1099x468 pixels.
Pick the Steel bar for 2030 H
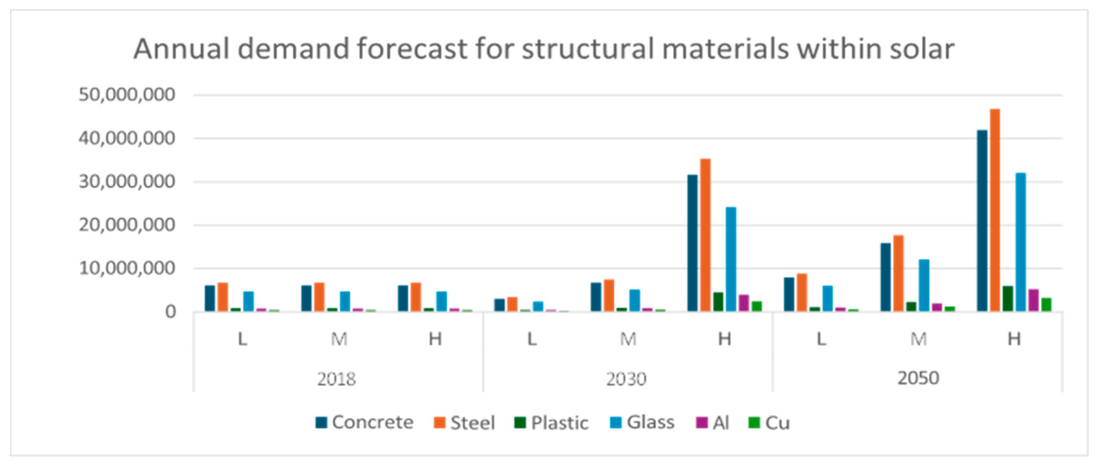click(x=705, y=235)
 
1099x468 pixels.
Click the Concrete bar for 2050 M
click(x=885, y=277)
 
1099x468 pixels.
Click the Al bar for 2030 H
click(x=744, y=303)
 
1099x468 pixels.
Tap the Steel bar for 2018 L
click(x=223, y=297)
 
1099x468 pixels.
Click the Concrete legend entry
click(x=365, y=422)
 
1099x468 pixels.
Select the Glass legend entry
click(x=642, y=422)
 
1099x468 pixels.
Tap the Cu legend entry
click(x=770, y=423)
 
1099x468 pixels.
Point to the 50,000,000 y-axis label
click(x=127, y=95)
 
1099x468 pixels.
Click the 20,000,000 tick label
click(x=127, y=225)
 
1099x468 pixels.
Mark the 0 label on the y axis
click(x=170, y=312)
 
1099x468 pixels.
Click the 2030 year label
click(x=626, y=379)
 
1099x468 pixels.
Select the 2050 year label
click(x=918, y=378)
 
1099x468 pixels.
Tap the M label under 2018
click(x=339, y=339)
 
